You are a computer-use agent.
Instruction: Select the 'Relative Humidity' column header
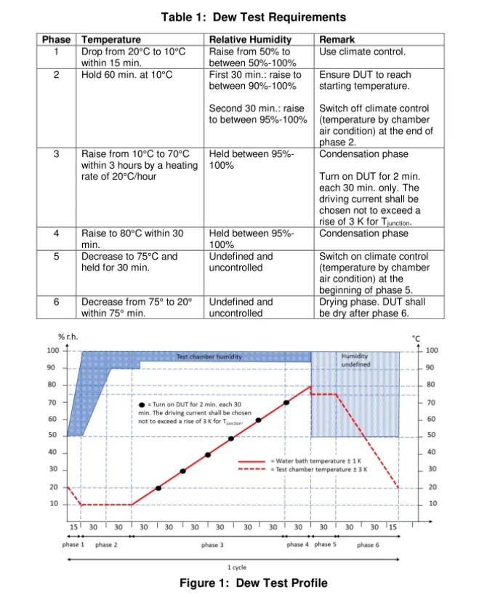(x=250, y=40)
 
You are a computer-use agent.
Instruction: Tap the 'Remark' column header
(x=337, y=40)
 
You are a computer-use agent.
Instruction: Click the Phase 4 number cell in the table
(x=57, y=233)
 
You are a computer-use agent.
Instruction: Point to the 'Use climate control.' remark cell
(x=362, y=52)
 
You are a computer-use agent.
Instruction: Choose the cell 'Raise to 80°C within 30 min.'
(x=132, y=239)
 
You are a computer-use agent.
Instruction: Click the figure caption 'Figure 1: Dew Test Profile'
(x=253, y=582)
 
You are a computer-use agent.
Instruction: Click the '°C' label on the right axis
(x=416, y=337)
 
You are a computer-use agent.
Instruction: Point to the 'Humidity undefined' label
(x=355, y=359)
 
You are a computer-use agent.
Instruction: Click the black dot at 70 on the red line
(x=286, y=402)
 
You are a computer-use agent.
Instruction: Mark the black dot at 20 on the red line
(x=158, y=487)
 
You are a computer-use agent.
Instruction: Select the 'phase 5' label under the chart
(x=324, y=544)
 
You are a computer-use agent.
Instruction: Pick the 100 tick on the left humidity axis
(x=53, y=351)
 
